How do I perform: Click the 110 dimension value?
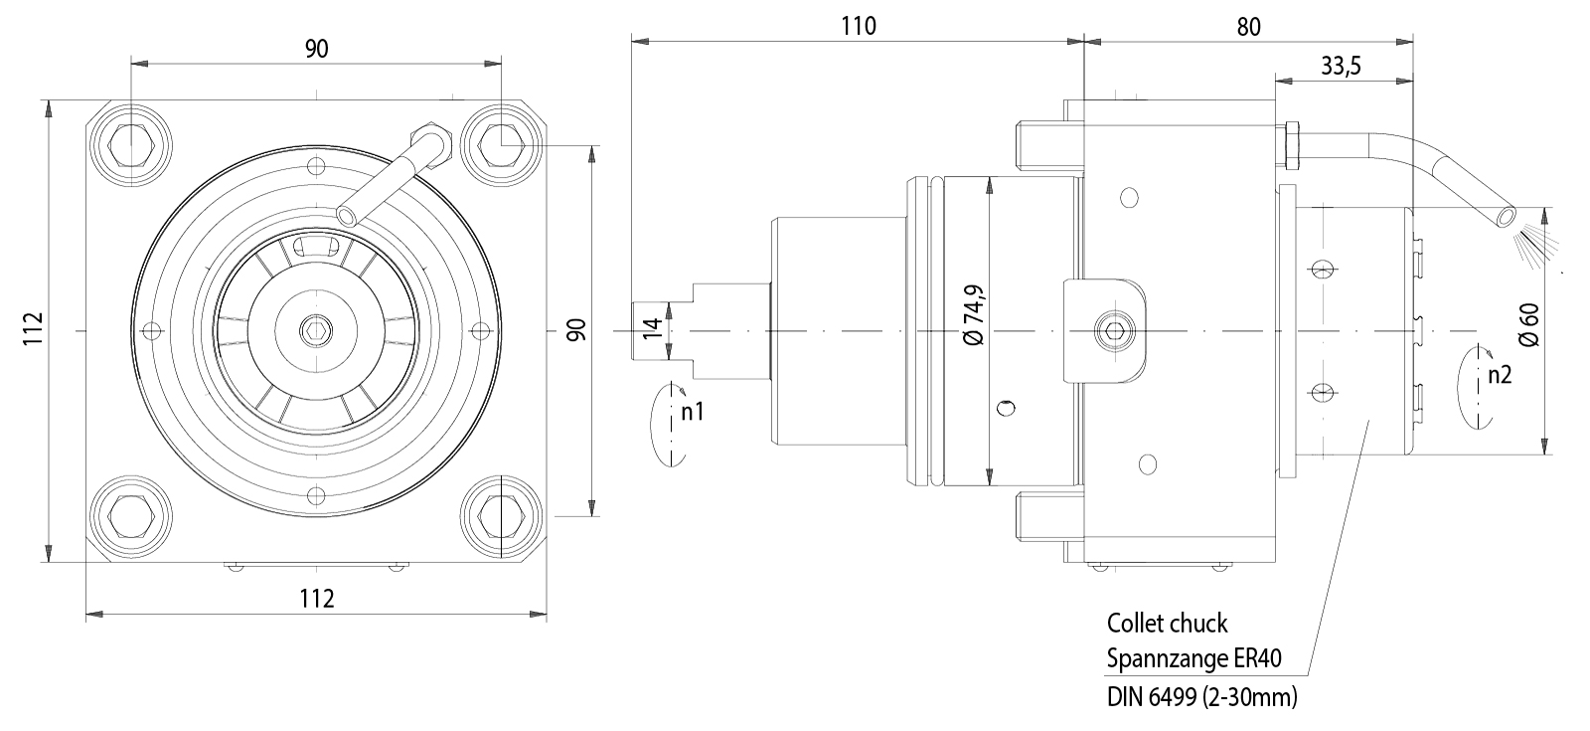tap(858, 25)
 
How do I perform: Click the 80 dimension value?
tap(1248, 27)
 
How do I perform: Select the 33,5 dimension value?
tap(1341, 67)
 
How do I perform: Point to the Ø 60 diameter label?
tap(1528, 324)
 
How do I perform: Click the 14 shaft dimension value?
tap(651, 329)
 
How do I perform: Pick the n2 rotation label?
tap(1500, 375)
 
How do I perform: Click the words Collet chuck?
tap(1168, 624)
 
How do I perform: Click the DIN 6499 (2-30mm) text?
tap(1202, 696)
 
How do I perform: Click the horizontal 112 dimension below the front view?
tap(316, 598)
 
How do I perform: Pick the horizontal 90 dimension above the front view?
tap(316, 49)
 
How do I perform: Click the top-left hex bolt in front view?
tap(130, 146)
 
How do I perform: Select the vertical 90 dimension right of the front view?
tap(577, 329)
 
